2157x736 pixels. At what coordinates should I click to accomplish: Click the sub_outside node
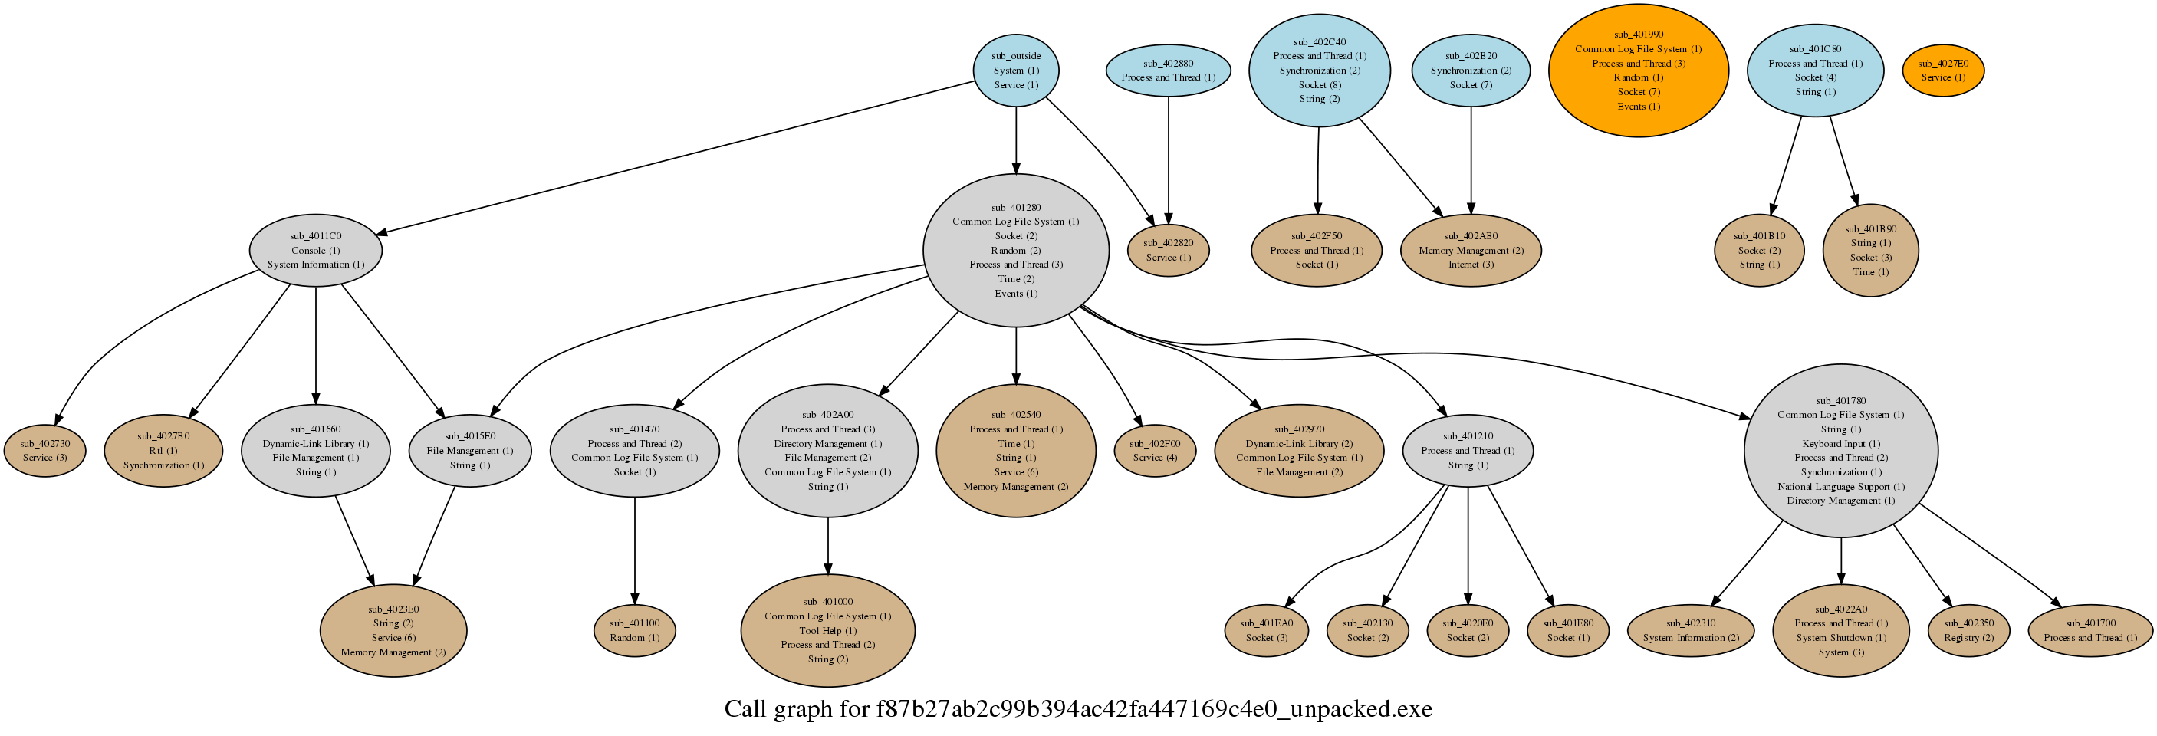tap(1016, 71)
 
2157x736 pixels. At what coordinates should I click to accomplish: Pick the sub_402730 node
tap(45, 451)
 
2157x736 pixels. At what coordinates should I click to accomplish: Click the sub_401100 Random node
tap(635, 630)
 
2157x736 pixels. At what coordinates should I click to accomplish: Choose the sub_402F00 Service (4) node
tap(1155, 451)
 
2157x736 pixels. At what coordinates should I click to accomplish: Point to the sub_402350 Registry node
tap(1968, 630)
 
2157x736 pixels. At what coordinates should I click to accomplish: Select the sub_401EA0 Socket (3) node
tap(1266, 630)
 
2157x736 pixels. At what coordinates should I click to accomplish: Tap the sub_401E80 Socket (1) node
tap(1568, 630)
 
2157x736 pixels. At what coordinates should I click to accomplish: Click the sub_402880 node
tap(1168, 71)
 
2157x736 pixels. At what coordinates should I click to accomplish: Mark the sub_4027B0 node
tap(163, 451)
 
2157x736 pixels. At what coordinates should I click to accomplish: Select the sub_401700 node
tap(2090, 630)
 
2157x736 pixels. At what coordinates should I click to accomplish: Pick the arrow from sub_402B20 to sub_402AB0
tap(1471, 159)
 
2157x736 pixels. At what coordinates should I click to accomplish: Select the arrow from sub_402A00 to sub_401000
tap(828, 544)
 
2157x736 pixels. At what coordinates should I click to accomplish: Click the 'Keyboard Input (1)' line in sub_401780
tap(1840, 444)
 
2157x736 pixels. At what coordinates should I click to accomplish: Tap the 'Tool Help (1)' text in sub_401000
tap(827, 630)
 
